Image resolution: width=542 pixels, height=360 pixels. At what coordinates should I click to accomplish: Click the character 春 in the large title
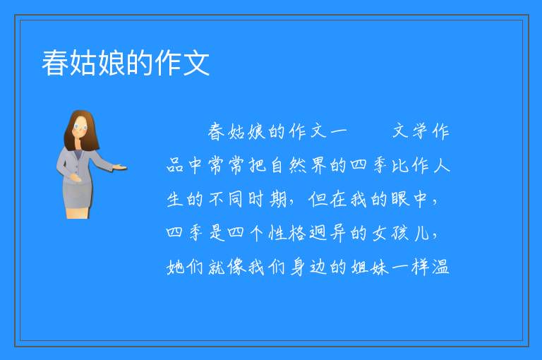pyautogui.click(x=55, y=63)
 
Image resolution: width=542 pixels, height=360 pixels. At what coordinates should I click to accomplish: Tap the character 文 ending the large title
pyautogui.click(x=196, y=63)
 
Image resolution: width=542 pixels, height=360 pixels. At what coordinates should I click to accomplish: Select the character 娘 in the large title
pyautogui.click(x=112, y=63)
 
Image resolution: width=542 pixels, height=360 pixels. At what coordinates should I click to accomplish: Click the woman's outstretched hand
pyautogui.click(x=120, y=168)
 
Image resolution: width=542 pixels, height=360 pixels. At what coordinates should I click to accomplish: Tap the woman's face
pyautogui.click(x=80, y=127)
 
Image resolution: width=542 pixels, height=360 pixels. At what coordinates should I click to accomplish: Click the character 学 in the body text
pyautogui.click(x=421, y=131)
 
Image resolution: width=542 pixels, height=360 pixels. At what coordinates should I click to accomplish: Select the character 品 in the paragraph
pyautogui.click(x=175, y=165)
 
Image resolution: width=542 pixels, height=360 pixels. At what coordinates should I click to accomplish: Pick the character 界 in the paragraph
pyautogui.click(x=318, y=165)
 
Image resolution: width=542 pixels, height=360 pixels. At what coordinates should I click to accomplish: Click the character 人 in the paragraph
pyautogui.click(x=441, y=165)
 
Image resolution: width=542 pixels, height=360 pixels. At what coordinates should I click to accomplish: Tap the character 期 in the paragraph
pyautogui.click(x=277, y=199)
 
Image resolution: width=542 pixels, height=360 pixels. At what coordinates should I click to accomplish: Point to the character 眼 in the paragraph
pyautogui.click(x=400, y=199)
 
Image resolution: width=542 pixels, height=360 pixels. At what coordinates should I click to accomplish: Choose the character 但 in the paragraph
pyautogui.click(x=318, y=199)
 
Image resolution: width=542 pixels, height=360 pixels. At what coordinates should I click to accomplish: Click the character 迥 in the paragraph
pyautogui.click(x=318, y=233)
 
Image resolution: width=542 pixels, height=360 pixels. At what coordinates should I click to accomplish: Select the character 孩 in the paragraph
pyautogui.click(x=400, y=233)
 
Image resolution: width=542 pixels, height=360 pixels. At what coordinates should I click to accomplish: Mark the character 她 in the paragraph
pyautogui.click(x=175, y=268)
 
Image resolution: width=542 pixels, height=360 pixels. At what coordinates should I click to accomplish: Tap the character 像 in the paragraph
pyautogui.click(x=236, y=268)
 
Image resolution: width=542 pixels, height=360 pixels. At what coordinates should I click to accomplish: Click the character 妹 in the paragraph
pyautogui.click(x=380, y=268)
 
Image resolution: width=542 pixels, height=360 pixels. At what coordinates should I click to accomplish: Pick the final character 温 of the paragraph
pyautogui.click(x=440, y=268)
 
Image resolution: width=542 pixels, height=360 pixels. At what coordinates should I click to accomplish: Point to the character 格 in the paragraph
pyautogui.click(x=298, y=233)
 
